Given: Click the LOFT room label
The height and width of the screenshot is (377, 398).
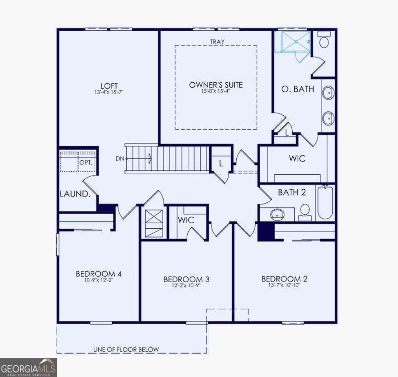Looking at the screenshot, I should tap(109, 85).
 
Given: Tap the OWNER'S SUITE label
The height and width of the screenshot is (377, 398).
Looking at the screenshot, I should tap(216, 85).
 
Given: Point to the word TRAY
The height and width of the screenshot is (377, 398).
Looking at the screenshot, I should tap(217, 42).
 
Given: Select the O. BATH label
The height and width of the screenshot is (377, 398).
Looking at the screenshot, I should tap(298, 89).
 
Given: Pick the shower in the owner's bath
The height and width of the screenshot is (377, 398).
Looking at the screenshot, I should tap(293, 42).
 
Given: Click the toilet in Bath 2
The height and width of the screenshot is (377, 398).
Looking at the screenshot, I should tap(305, 212).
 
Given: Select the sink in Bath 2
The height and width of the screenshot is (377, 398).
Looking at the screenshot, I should tap(278, 214).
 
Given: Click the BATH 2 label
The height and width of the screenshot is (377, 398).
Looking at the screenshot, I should tap(288, 192).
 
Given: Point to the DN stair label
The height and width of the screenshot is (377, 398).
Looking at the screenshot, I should tap(120, 158).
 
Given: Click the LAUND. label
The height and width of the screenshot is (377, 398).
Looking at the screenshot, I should tap(75, 194).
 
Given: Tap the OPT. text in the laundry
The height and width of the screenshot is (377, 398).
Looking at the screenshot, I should tap(86, 163).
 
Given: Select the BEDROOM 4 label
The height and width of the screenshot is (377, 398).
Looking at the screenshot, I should tap(99, 274).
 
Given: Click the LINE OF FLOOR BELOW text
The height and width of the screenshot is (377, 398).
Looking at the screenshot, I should tap(126, 349).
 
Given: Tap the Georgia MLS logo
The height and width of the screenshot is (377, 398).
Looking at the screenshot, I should tap(28, 367).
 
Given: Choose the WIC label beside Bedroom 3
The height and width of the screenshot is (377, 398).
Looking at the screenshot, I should tap(186, 220).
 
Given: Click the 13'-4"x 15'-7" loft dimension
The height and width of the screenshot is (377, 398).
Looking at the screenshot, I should tap(109, 92).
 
